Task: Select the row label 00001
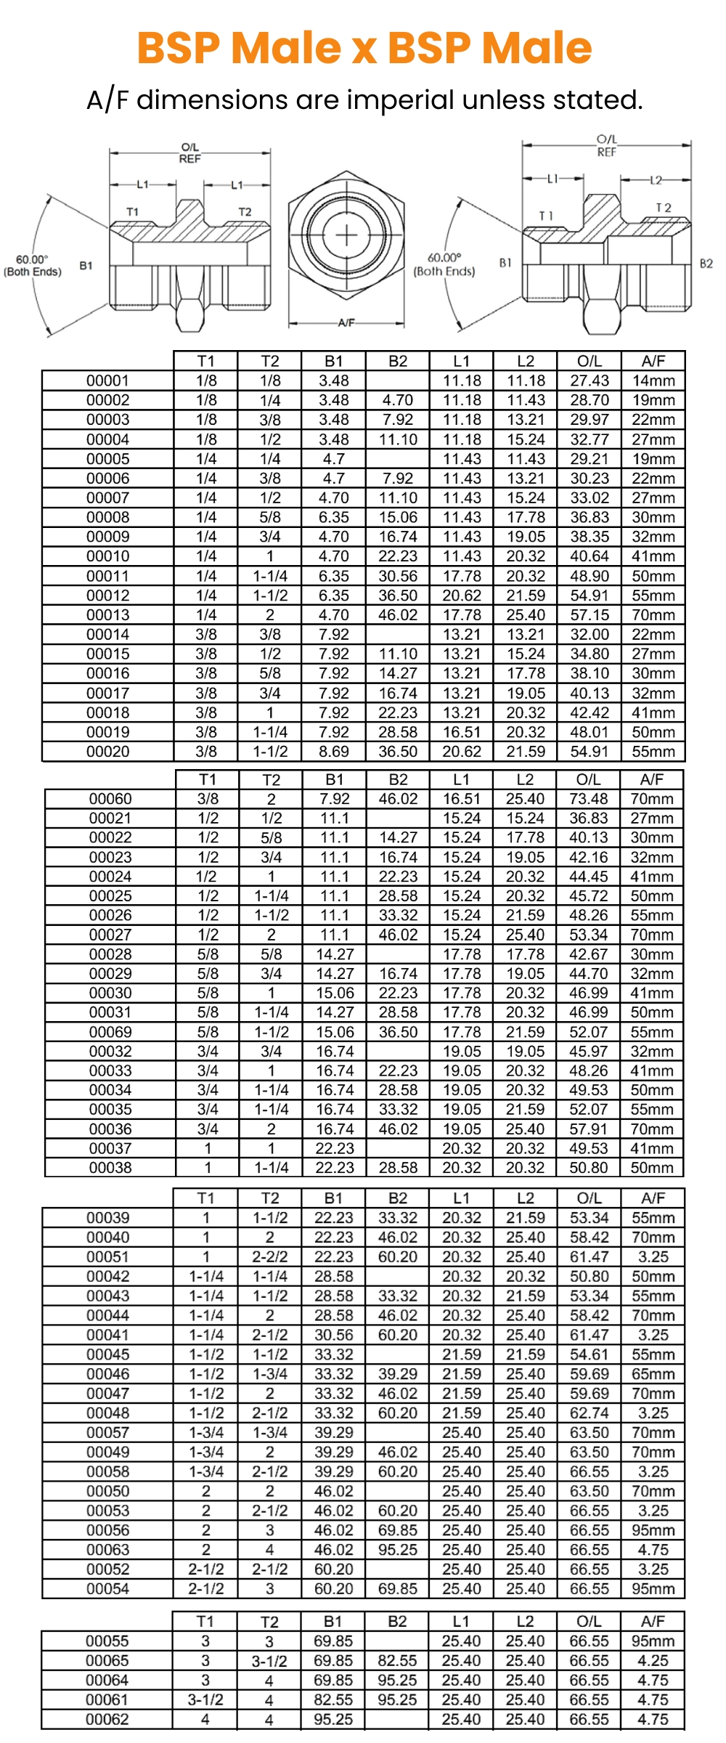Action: [107, 381]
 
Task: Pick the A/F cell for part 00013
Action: [653, 614]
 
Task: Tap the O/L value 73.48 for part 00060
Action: [589, 799]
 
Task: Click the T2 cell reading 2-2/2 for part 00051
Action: [270, 1257]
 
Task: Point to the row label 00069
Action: [110, 1032]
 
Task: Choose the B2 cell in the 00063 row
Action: [398, 1550]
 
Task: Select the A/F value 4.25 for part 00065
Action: [653, 1661]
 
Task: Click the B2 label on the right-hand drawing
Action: [706, 264]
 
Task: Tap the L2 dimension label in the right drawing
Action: [656, 179]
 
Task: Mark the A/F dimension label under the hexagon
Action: [346, 322]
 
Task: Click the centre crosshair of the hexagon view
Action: [346, 236]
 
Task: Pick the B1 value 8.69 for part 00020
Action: [334, 752]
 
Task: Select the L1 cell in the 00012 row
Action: [462, 596]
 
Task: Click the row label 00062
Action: [107, 1720]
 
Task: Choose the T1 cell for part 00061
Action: [205, 1700]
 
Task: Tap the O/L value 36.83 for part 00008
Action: [590, 517]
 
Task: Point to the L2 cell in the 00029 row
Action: [525, 974]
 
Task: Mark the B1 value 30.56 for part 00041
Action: [334, 1335]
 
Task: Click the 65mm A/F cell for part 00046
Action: [653, 1374]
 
